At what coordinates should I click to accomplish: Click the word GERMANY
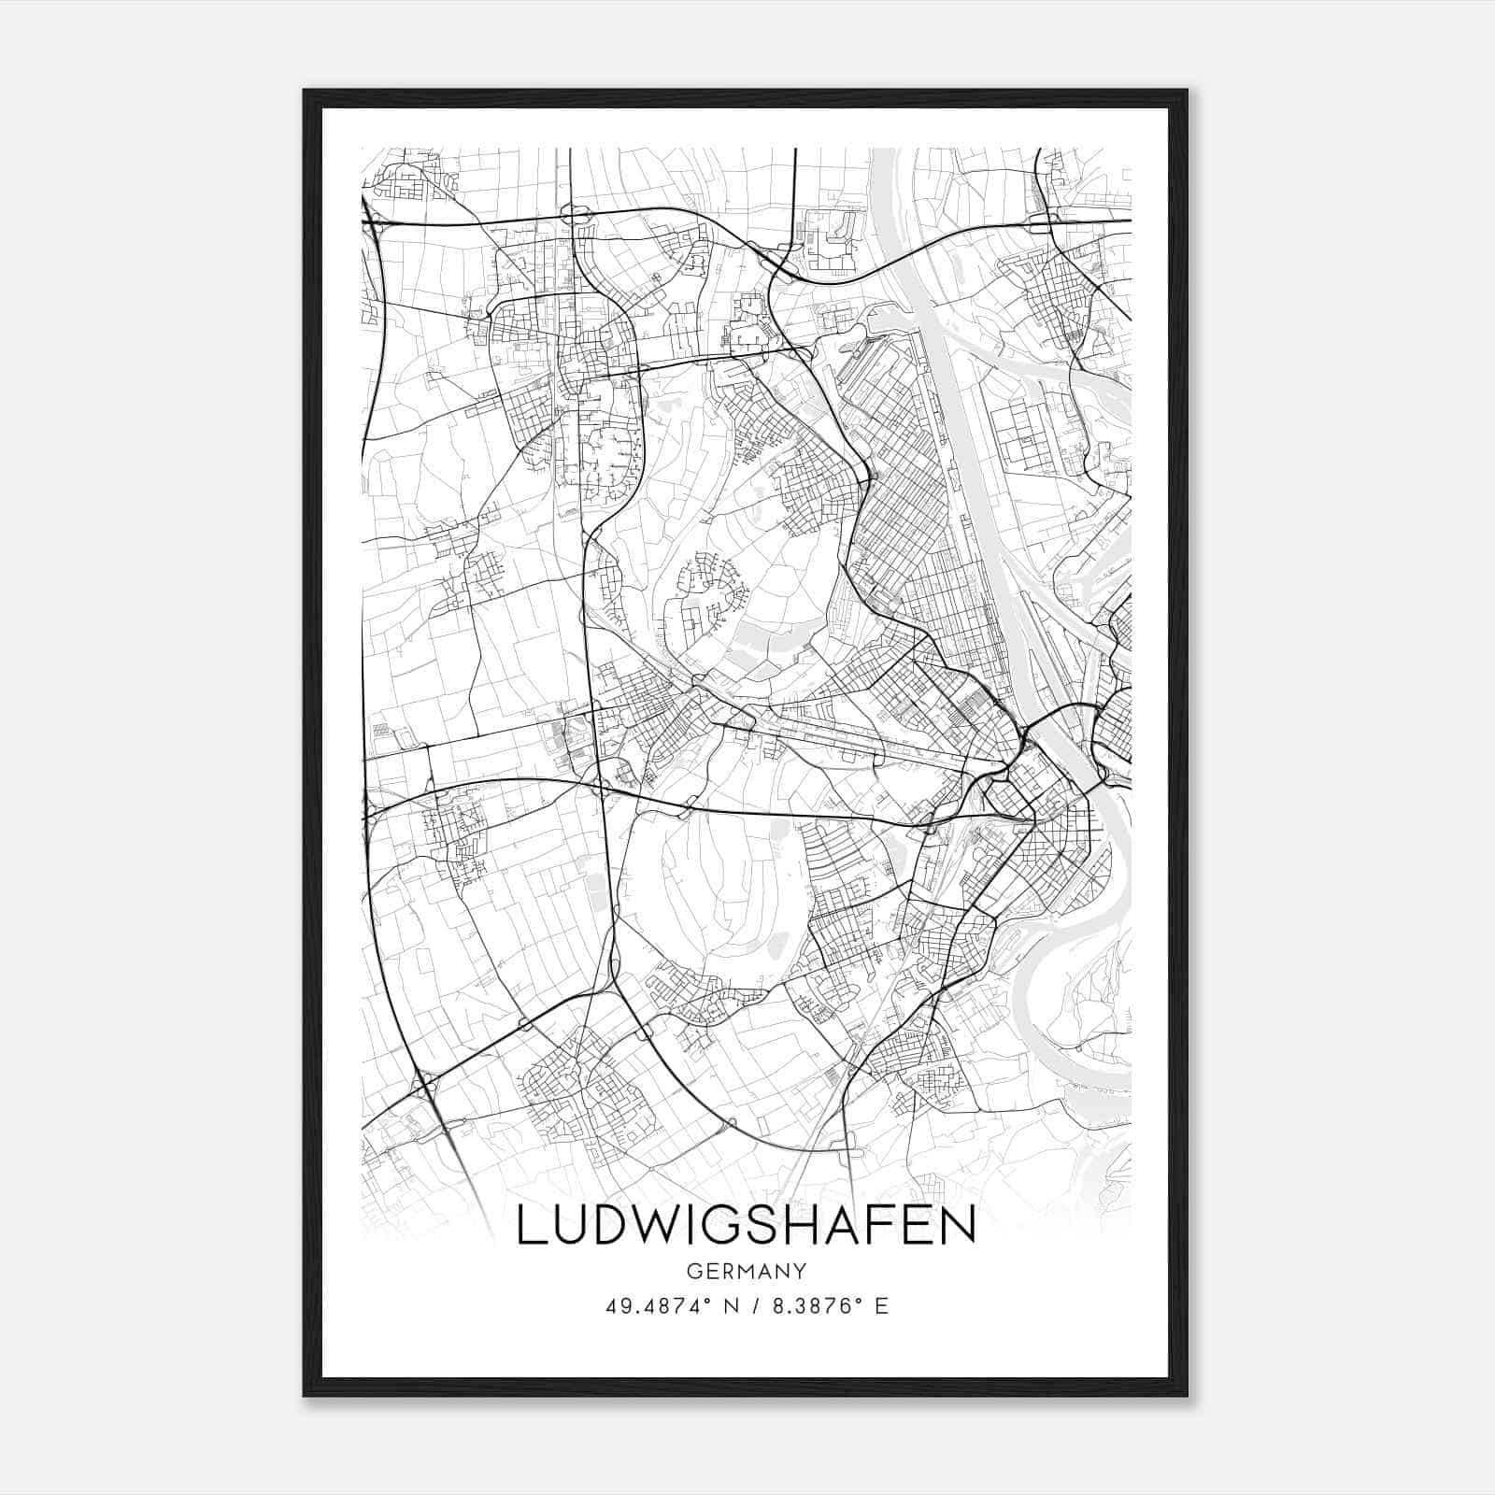(x=746, y=1271)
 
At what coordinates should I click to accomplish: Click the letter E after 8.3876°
(x=881, y=1306)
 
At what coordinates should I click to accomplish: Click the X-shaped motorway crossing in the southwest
(x=427, y=1084)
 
